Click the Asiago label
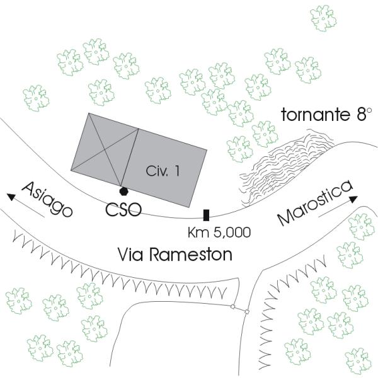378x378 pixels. (47, 200)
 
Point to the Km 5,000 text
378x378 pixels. (219, 232)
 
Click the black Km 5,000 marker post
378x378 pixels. (206, 215)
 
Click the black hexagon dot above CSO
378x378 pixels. (124, 190)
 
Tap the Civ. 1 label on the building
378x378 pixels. (163, 171)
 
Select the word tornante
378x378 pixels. (313, 116)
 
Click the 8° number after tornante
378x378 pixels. (359, 115)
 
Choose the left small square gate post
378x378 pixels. (232, 307)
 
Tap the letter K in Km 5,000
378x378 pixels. (193, 232)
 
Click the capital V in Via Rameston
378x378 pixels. (124, 255)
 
